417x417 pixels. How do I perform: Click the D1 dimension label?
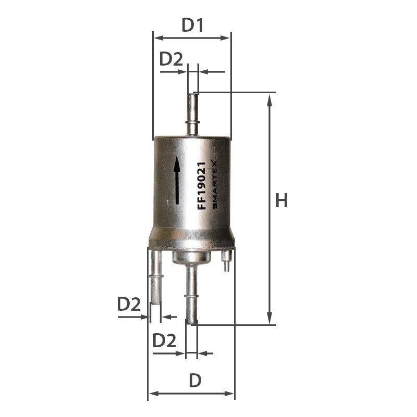192,25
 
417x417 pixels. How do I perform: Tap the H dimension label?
281,200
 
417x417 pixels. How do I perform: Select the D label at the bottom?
195,381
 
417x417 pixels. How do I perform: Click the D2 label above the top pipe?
171,59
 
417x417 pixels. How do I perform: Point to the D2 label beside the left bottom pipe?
129,304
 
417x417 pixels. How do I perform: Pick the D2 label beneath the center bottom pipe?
164,340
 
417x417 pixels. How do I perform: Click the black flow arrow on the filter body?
177,181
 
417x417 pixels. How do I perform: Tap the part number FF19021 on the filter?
202,186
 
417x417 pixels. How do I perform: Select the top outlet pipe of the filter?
192,115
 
